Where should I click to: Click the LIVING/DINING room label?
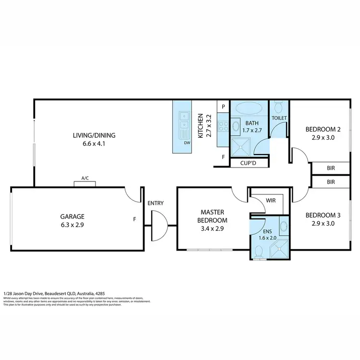coord(94,135)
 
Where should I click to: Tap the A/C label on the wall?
coord(85,178)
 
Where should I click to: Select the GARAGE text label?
coord(72,216)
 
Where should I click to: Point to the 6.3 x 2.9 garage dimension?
coord(72,224)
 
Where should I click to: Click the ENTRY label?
coord(156,203)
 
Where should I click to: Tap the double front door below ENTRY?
coord(159,225)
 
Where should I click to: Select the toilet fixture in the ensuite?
coord(259,251)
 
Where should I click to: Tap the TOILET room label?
coord(279,118)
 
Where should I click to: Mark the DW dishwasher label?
coord(186,143)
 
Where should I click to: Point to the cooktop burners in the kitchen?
coord(223,126)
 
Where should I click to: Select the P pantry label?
coord(223,107)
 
